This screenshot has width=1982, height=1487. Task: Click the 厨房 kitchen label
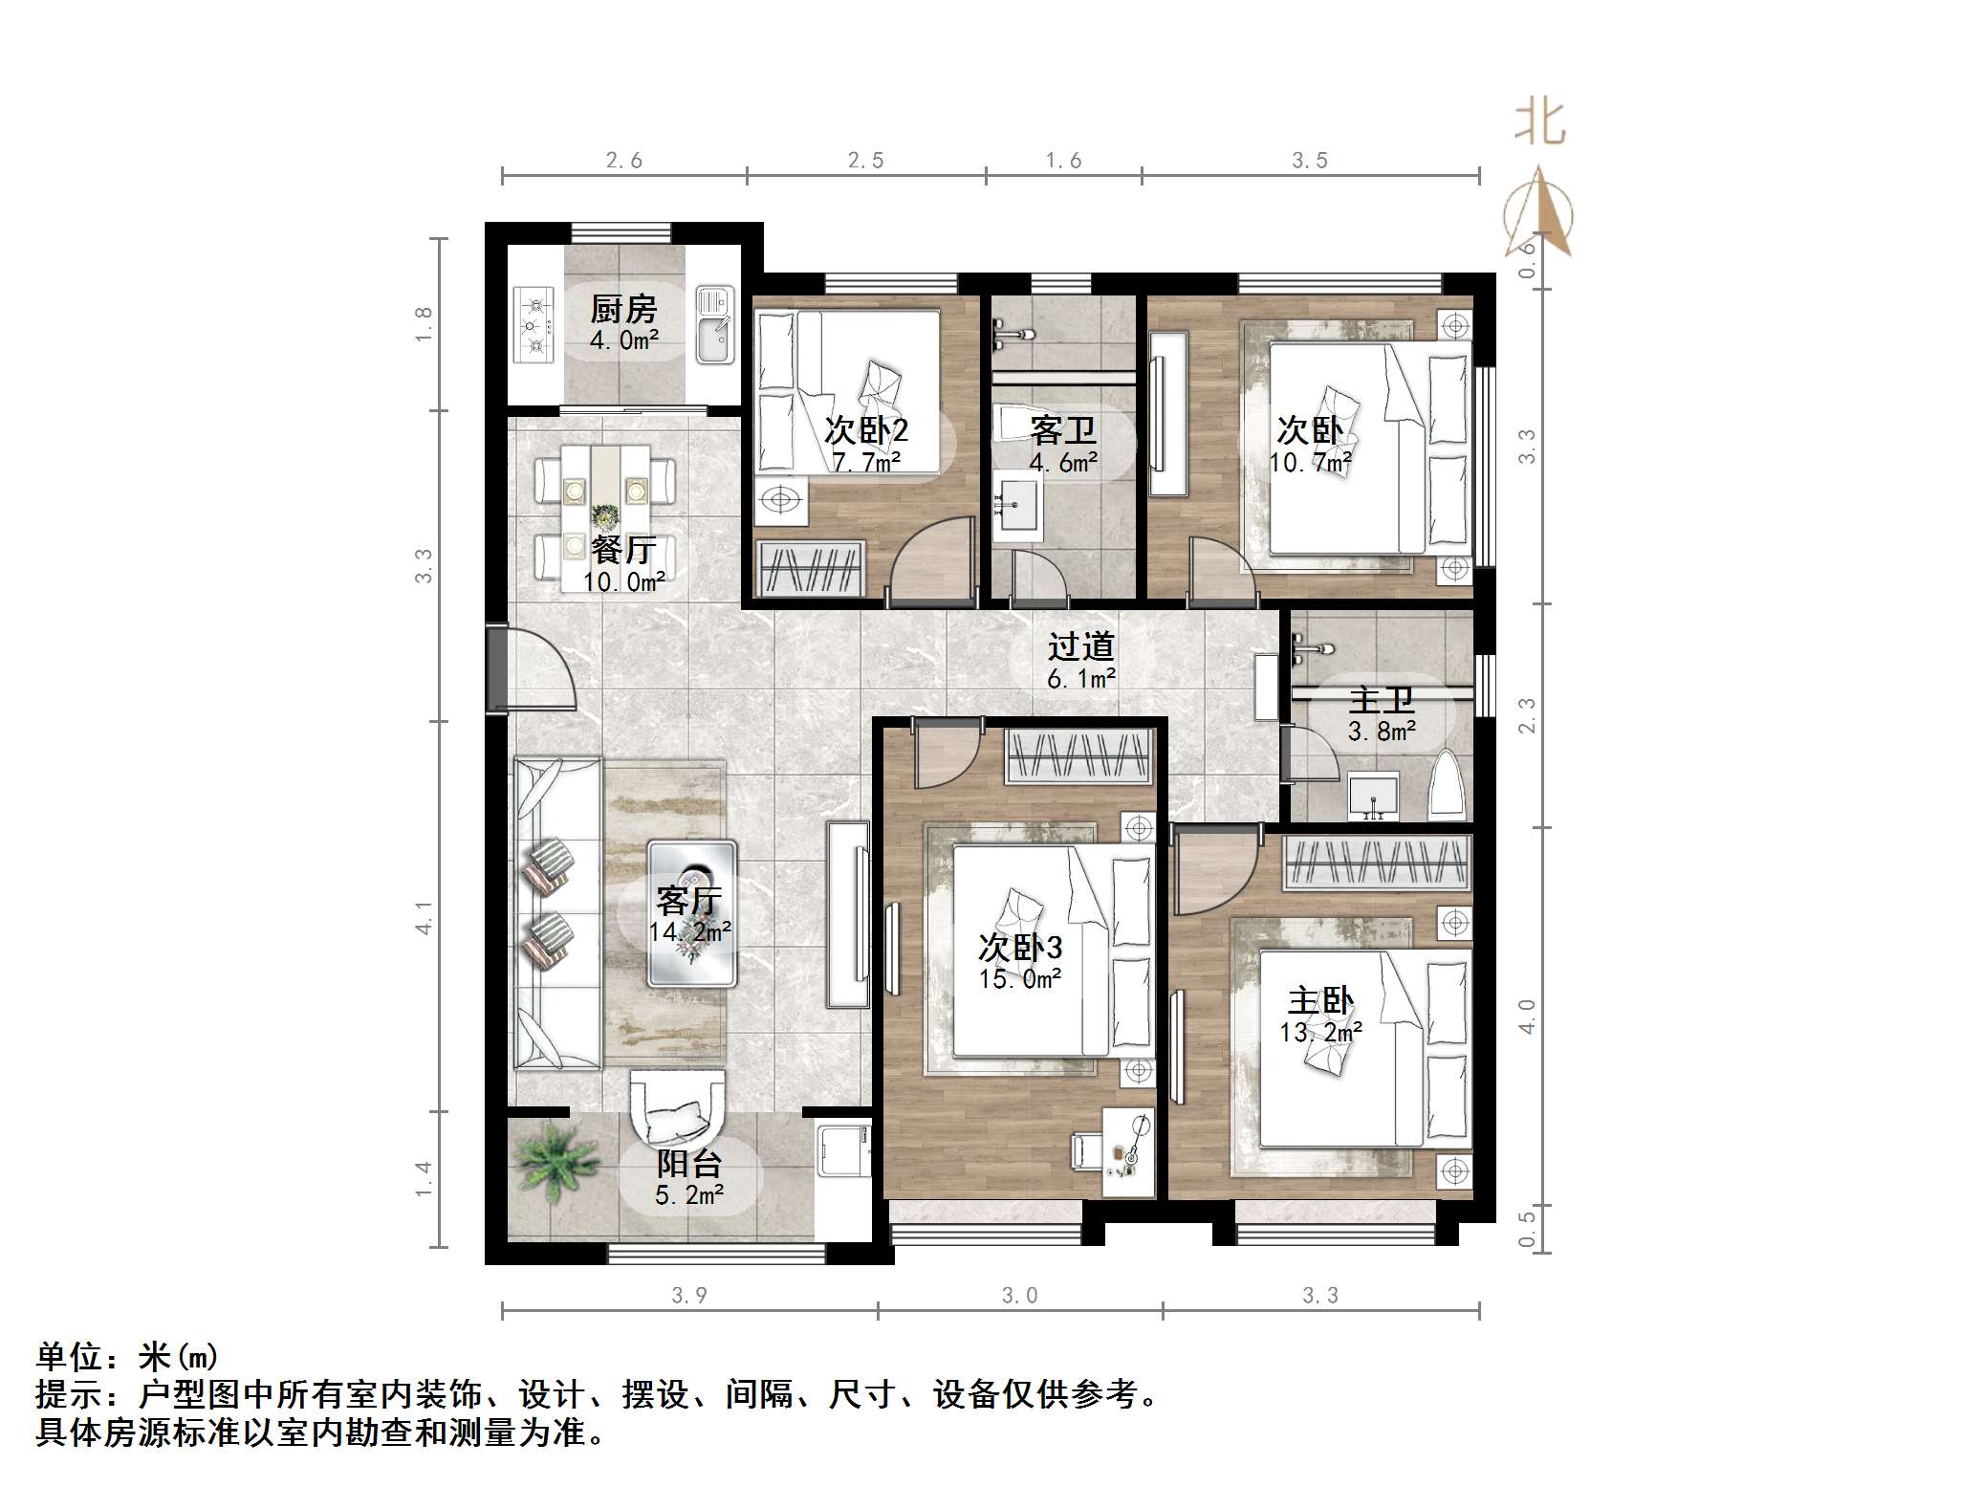click(x=623, y=309)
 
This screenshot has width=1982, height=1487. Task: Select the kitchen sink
click(x=713, y=325)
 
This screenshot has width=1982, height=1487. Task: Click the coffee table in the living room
click(x=691, y=913)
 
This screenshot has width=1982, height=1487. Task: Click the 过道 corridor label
click(x=1080, y=647)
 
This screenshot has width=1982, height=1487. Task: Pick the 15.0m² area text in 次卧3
click(x=1019, y=979)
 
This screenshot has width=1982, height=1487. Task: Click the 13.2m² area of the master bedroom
click(x=1320, y=1032)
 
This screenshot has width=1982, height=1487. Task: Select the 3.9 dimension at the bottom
click(x=688, y=1296)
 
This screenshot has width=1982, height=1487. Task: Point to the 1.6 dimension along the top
click(x=1063, y=161)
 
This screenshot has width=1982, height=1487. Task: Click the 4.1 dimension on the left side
click(x=424, y=916)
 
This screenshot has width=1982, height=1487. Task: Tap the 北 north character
click(x=1539, y=124)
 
